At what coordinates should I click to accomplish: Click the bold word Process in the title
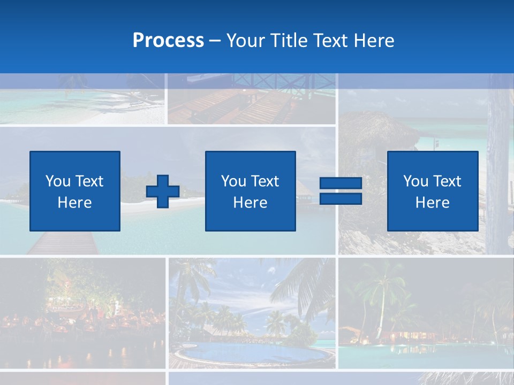click(x=168, y=41)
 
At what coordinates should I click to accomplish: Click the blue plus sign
click(x=163, y=191)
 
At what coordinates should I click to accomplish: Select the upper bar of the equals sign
click(x=341, y=183)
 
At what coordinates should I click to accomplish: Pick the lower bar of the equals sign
click(x=341, y=199)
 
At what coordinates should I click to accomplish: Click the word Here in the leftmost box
click(x=74, y=203)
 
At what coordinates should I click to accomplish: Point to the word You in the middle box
click(x=233, y=181)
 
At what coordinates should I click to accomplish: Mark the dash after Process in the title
click(x=215, y=41)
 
